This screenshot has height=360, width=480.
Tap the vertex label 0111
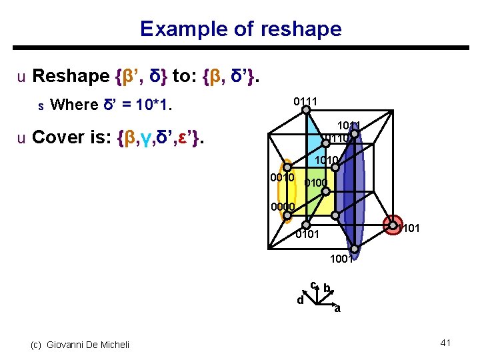[x=305, y=102]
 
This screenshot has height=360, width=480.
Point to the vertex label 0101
[x=307, y=235]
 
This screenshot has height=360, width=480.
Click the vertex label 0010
[x=282, y=177]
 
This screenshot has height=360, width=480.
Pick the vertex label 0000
[x=283, y=207]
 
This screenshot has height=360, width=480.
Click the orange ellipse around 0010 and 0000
[x=287, y=190]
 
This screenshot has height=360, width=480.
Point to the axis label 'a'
[x=337, y=309]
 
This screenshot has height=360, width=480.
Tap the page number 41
[x=446, y=343]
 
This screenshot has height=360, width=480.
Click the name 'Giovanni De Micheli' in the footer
[x=88, y=344]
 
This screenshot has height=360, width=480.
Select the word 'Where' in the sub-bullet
[x=73, y=105]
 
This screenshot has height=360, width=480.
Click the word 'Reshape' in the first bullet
[x=71, y=76]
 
